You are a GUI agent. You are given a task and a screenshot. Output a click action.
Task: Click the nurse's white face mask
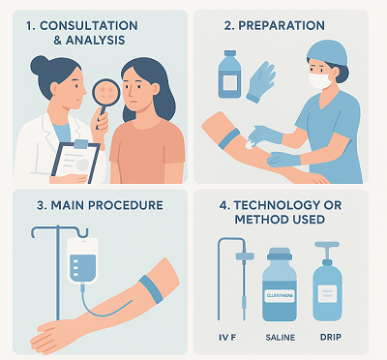pos(319,81)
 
